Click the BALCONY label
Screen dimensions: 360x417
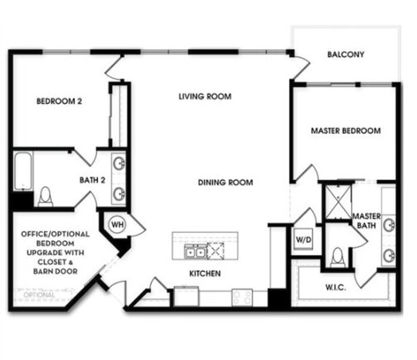(346, 55)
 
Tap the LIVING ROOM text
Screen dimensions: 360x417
(205, 96)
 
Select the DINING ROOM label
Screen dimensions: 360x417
(226, 182)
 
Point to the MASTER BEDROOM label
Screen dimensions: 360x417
(346, 131)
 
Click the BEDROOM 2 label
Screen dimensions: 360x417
(59, 101)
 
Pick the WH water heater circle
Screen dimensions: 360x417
(116, 224)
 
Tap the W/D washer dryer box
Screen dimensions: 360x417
(302, 239)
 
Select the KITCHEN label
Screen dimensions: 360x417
(205, 274)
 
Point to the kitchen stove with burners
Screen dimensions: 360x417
(242, 296)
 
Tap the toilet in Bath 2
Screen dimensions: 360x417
(45, 197)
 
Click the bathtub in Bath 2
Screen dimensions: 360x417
(23, 172)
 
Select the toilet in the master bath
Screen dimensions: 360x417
(337, 257)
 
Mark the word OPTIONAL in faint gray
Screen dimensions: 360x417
(39, 295)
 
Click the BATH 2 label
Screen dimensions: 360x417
(92, 179)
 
